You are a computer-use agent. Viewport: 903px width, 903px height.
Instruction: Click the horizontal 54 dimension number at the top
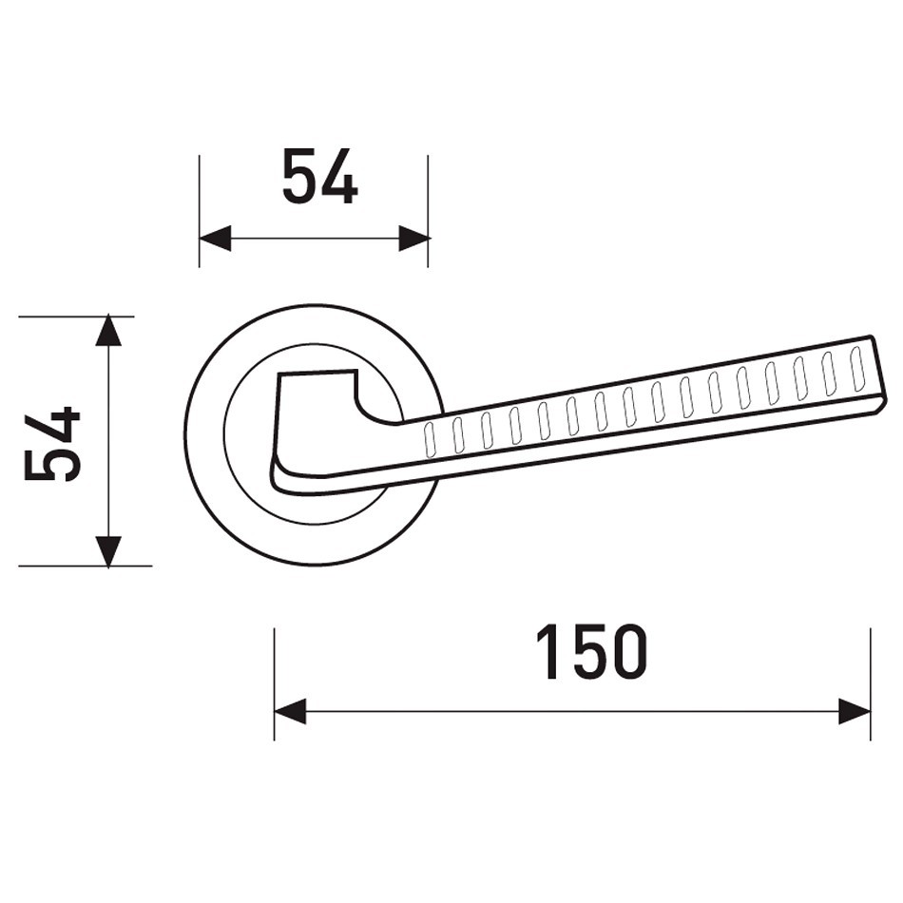click(320, 177)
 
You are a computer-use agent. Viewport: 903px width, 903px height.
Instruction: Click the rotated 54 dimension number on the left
click(52, 443)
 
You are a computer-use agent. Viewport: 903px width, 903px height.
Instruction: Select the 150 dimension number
click(591, 652)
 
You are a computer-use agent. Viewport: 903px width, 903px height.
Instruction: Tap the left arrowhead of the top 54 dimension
click(215, 238)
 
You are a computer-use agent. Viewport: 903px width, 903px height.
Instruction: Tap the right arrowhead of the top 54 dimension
click(414, 238)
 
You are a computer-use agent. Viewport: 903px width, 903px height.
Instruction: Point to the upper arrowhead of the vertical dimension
click(108, 331)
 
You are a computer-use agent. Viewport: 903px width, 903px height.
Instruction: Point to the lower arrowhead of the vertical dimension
click(108, 551)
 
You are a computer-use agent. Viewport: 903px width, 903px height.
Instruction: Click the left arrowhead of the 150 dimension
click(290, 712)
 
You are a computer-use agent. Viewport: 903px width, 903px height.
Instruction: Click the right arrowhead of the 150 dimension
click(855, 712)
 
